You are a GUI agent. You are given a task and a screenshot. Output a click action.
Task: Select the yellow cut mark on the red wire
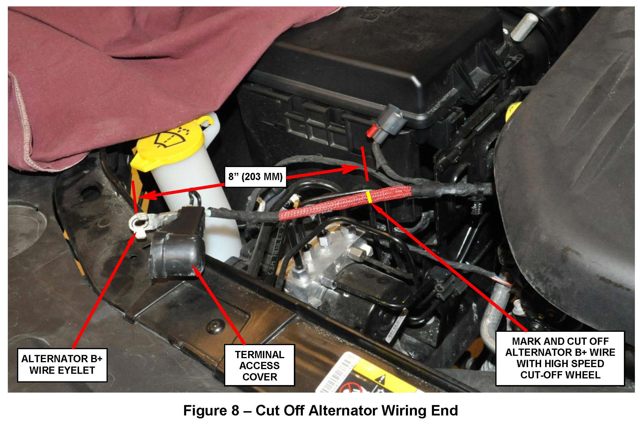[x=369, y=197]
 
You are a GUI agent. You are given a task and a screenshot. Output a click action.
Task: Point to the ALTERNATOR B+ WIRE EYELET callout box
[x=62, y=365]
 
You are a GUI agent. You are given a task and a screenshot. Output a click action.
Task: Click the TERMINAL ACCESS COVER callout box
[x=259, y=365]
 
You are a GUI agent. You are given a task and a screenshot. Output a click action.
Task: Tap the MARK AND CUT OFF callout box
[x=560, y=358]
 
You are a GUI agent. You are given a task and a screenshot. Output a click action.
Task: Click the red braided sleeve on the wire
[x=345, y=203]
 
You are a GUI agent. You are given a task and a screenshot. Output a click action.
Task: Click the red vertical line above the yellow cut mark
[x=365, y=164]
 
